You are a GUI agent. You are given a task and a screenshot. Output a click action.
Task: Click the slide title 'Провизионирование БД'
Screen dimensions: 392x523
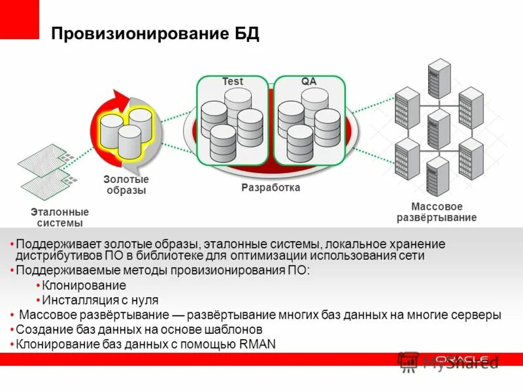156,34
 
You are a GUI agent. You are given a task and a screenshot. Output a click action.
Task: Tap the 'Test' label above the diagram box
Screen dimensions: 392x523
232,82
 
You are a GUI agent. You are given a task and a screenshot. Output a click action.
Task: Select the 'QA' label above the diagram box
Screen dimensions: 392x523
309,82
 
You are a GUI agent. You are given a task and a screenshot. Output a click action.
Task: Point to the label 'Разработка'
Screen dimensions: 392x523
271,188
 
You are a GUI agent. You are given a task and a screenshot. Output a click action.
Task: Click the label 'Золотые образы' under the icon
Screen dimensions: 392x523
126,185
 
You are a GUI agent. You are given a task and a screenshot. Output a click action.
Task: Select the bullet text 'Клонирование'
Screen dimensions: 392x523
84,286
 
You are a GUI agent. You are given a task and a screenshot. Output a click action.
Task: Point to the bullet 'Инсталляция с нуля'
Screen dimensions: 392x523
99,300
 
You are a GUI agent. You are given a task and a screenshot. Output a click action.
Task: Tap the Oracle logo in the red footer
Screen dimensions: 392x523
462,359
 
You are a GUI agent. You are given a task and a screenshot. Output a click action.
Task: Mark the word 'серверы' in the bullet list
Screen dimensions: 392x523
479,314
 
